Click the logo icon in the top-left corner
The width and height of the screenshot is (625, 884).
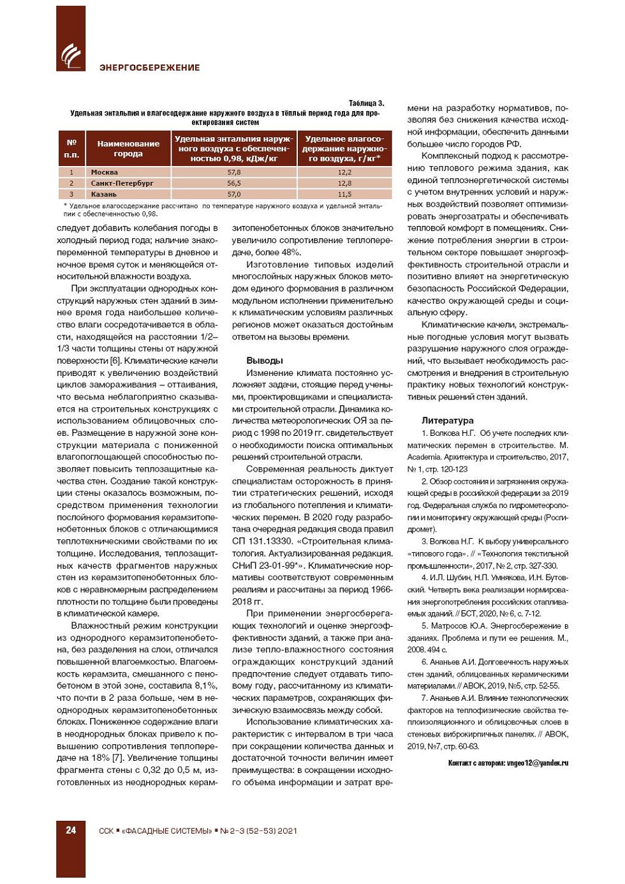70,56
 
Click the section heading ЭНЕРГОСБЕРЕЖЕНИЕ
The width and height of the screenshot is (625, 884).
149,68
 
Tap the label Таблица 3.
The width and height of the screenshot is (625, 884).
366,103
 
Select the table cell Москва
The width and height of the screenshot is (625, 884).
105,172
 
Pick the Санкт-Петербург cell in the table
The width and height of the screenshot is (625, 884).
122,183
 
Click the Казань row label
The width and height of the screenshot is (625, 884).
104,194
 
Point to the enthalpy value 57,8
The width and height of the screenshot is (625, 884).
234,172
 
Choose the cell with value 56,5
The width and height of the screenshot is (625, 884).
234,183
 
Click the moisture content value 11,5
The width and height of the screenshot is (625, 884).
344,194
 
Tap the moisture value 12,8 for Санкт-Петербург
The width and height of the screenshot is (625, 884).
344,183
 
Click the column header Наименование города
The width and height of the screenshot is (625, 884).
128,149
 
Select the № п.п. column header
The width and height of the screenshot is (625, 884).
71,149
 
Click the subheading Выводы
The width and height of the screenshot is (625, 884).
265,361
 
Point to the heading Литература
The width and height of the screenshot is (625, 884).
448,421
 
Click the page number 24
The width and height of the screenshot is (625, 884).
71,830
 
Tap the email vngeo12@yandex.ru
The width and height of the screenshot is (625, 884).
538,763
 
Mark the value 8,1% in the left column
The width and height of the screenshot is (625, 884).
205,685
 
